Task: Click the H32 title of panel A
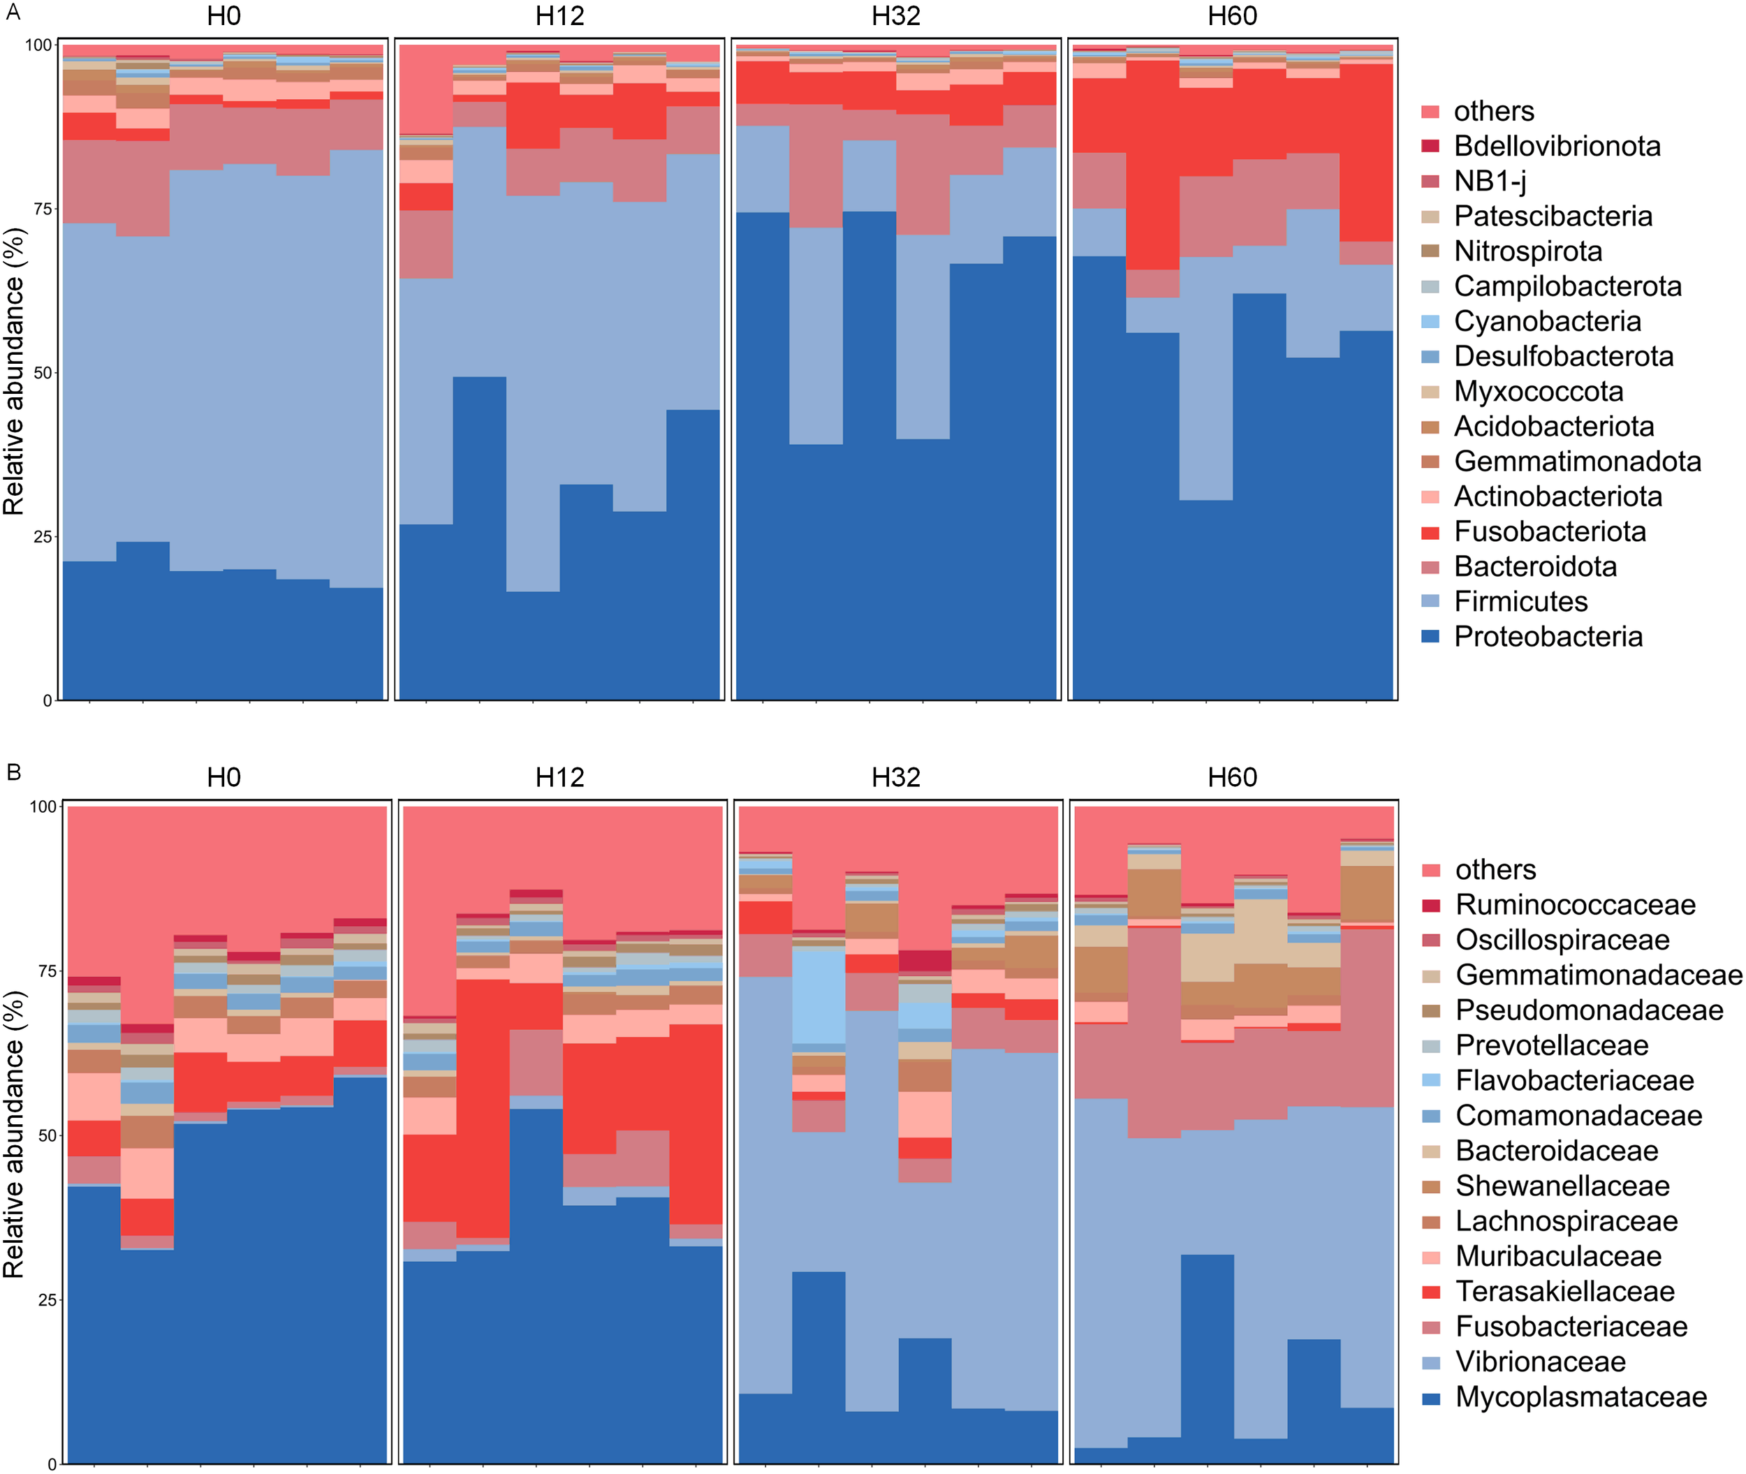(895, 16)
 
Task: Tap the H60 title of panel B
(1232, 777)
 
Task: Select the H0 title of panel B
(223, 777)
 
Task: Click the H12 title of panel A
(559, 16)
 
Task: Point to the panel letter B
(13, 772)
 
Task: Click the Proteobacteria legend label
(1548, 637)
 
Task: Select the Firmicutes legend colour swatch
(1430, 602)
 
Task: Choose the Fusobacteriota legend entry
(1550, 531)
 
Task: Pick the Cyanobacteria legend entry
(1547, 322)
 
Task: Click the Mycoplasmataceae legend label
(1580, 1396)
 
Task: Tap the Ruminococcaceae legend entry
(1575, 905)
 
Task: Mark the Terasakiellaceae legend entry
(1564, 1291)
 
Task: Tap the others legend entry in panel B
(1495, 870)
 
